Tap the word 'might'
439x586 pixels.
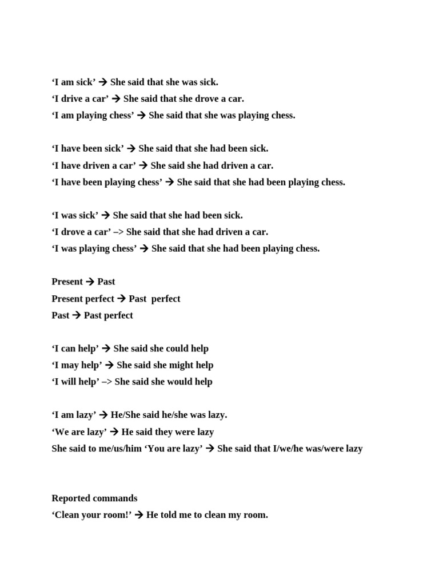[183, 365]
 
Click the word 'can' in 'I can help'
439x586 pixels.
[67, 349]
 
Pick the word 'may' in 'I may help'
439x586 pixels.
[69, 365]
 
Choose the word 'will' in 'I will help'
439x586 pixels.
[69, 382]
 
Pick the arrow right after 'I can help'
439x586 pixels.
[106, 349]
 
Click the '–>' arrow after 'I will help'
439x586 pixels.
[107, 382]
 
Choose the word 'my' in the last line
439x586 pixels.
[235, 515]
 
